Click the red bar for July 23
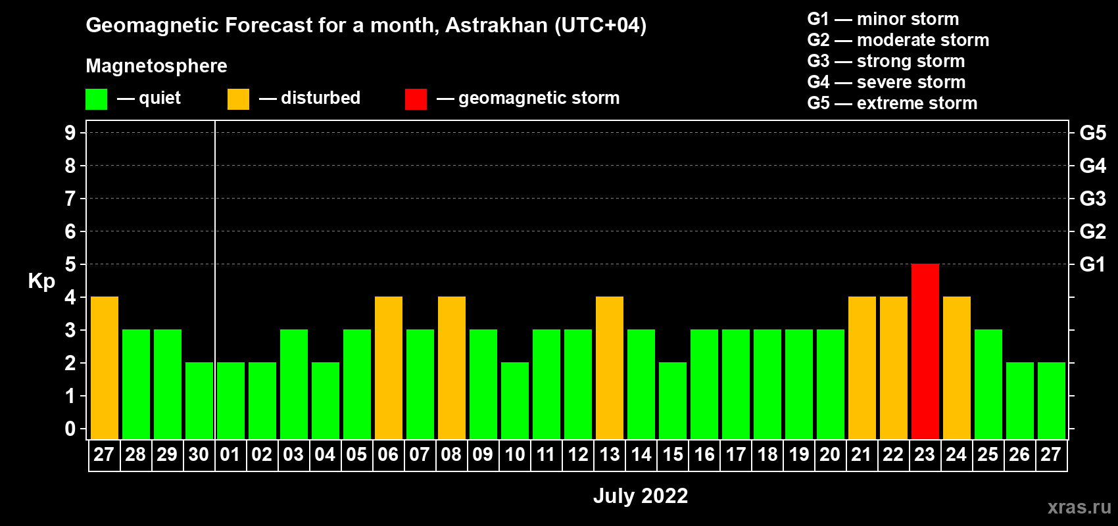(925, 351)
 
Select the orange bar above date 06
(388, 368)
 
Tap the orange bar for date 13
(610, 368)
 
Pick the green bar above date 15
(672, 400)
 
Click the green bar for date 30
(199, 400)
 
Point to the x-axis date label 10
(514, 454)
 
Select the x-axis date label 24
(956, 454)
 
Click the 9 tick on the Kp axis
(70, 133)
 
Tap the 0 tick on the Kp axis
(70, 429)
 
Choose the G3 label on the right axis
(1092, 199)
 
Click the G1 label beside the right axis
(1092, 264)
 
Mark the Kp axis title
(41, 281)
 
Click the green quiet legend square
(96, 99)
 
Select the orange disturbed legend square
(238, 99)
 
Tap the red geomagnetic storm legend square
(416, 99)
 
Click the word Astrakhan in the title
(496, 25)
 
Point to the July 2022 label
(641, 496)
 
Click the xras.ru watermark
(1079, 507)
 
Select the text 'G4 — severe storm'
(887, 82)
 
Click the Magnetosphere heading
(157, 66)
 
